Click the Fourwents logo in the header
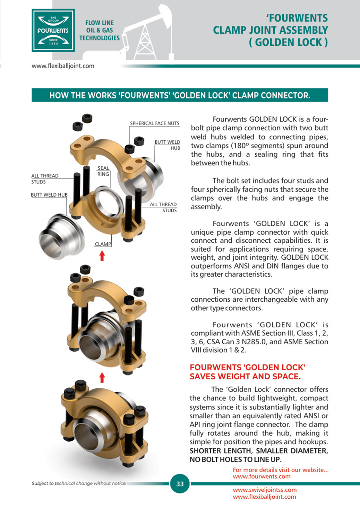(x=53, y=31)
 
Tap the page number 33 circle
(x=180, y=484)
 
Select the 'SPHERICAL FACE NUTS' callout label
(x=154, y=123)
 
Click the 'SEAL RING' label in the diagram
(x=103, y=171)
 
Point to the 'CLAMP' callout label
(x=103, y=244)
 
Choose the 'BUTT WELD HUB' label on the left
(x=49, y=195)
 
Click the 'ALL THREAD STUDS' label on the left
(x=45, y=179)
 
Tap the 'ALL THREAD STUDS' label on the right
(x=163, y=207)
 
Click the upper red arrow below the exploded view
(x=102, y=256)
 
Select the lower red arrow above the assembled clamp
(x=102, y=377)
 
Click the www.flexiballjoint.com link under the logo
(x=63, y=66)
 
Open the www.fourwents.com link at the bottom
(x=262, y=476)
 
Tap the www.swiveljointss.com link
(x=265, y=490)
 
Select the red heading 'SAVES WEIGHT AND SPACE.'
(x=245, y=377)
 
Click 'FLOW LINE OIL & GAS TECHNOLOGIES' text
(x=99, y=31)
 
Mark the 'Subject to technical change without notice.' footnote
(x=79, y=483)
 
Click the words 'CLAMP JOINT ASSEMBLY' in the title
(x=270, y=30)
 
